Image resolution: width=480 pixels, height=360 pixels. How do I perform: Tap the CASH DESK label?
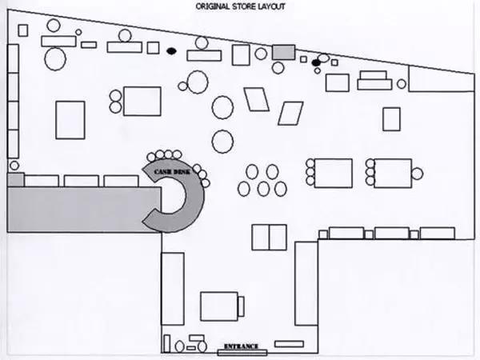coord(172,172)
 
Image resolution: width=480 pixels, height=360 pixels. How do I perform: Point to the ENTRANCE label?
coord(242,346)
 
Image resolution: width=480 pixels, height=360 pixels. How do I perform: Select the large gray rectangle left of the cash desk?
coord(84,210)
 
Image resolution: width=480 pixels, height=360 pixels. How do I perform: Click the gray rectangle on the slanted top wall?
coord(284,52)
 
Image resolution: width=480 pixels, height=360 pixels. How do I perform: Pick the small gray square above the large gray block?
coord(16,180)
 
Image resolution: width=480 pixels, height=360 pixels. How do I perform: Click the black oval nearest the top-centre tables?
coord(171,51)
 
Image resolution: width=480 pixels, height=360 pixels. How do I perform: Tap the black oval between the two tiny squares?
coord(316,62)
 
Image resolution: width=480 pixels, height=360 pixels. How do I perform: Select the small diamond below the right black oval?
coord(318,70)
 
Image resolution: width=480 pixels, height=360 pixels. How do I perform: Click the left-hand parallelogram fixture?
coord(257,99)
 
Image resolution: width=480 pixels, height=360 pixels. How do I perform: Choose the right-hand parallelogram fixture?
coord(290,114)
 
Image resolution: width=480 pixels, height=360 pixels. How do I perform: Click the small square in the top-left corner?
coord(23,30)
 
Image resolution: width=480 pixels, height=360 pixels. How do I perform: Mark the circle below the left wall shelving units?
coord(14,166)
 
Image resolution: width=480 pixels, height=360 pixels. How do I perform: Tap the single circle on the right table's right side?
coord(417,174)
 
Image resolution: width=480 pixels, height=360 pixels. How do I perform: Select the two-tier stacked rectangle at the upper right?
coord(374,81)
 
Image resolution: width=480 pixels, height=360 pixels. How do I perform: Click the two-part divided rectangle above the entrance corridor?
coord(269,238)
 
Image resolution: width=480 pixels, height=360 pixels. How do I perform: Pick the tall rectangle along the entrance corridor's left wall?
coord(173,289)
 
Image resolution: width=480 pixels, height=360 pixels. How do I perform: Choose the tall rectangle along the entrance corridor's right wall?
coord(306,284)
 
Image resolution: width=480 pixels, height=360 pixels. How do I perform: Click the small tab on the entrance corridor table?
coord(241,306)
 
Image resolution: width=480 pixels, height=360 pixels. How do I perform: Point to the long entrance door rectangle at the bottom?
coord(242,353)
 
